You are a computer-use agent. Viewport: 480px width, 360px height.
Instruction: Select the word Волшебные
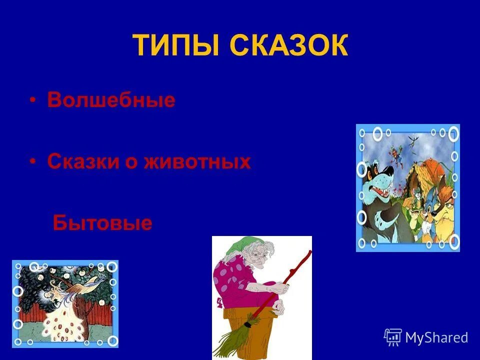[111, 100]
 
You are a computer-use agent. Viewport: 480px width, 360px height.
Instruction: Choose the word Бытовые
[102, 222]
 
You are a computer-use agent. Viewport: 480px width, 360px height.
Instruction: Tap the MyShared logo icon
[392, 337]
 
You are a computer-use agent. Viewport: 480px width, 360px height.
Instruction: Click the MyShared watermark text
[436, 337]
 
